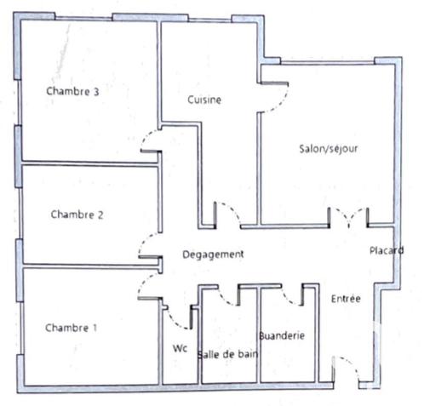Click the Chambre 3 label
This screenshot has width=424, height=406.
pyautogui.click(x=73, y=91)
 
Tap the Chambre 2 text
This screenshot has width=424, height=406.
pyautogui.click(x=77, y=214)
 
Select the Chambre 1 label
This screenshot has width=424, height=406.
pyautogui.click(x=71, y=328)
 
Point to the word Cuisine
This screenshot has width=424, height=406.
pyautogui.click(x=204, y=100)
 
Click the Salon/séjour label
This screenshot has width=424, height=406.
pyautogui.click(x=328, y=148)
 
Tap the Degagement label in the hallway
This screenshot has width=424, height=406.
pyautogui.click(x=214, y=254)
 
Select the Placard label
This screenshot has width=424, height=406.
pyautogui.click(x=385, y=250)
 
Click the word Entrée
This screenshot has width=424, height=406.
pyautogui.click(x=346, y=299)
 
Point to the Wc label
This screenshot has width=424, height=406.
pyautogui.click(x=180, y=348)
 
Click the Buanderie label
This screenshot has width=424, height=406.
pyautogui.click(x=281, y=335)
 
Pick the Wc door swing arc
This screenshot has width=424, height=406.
pyautogui.click(x=180, y=317)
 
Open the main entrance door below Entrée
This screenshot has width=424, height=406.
pyautogui.click(x=345, y=368)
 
